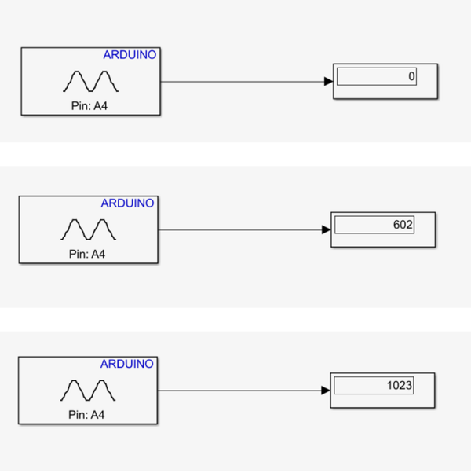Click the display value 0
(411, 76)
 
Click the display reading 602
(403, 225)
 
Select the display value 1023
(400, 385)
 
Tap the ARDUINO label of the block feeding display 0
(130, 54)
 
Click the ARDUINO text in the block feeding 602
(127, 203)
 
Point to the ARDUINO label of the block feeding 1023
(127, 364)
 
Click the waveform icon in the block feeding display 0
(90, 81)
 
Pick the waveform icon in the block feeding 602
(88, 229)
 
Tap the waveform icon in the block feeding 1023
(88, 390)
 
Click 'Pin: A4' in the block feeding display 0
(89, 106)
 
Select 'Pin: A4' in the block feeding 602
(87, 254)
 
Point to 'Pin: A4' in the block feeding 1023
(86, 415)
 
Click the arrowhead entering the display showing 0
(328, 81)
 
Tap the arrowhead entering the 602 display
(327, 229)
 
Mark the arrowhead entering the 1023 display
(326, 390)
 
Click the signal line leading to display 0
(243, 82)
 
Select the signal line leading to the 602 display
(240, 230)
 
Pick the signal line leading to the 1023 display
(239, 390)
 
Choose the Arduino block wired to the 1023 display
(88, 390)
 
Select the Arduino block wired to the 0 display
(90, 81)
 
